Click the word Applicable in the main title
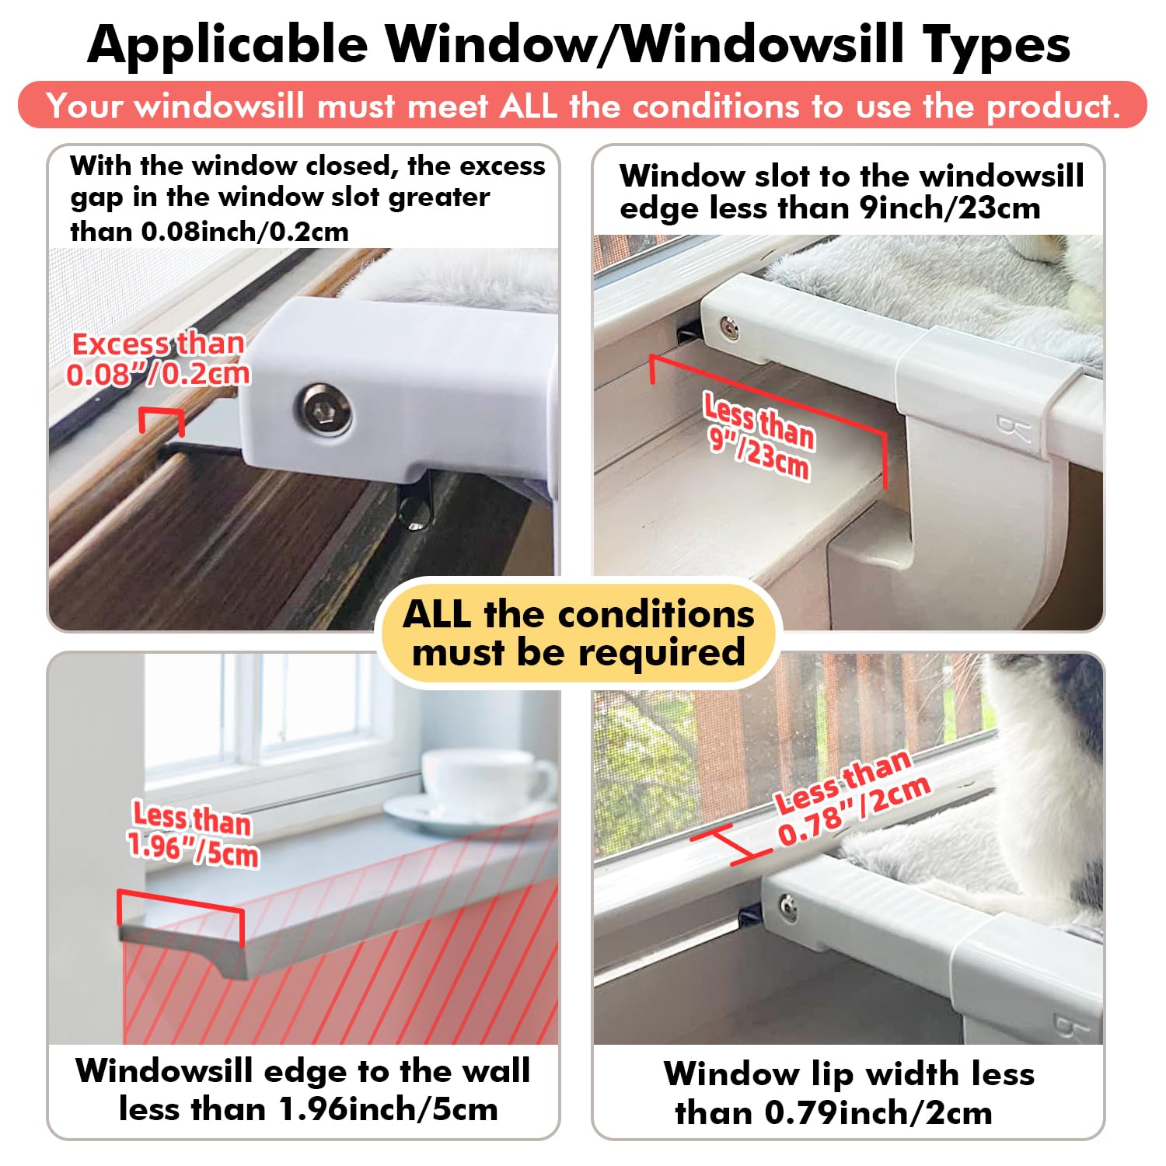[x=227, y=44]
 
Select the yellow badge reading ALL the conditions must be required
[x=578, y=633]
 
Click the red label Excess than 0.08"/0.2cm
[x=159, y=359]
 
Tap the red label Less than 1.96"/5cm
[x=193, y=834]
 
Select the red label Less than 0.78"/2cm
[x=852, y=800]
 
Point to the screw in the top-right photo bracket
[x=729, y=328]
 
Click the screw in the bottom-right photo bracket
[x=787, y=906]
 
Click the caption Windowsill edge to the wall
[x=303, y=1071]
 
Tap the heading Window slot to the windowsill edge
[x=851, y=176]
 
